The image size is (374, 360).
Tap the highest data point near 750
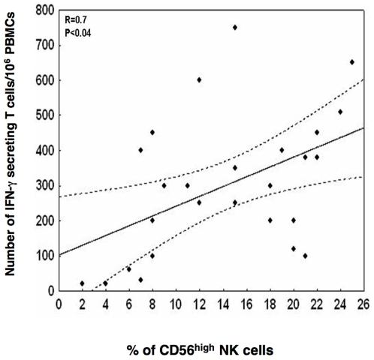(234, 27)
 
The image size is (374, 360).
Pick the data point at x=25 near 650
(351, 62)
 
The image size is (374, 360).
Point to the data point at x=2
(82, 283)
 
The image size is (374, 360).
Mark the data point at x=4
(105, 283)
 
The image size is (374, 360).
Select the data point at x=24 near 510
(340, 112)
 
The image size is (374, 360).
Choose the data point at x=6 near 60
(128, 269)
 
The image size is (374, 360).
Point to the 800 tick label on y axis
(43, 10)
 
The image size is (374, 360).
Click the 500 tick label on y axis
(43, 115)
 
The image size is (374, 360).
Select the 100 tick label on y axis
(43, 255)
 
